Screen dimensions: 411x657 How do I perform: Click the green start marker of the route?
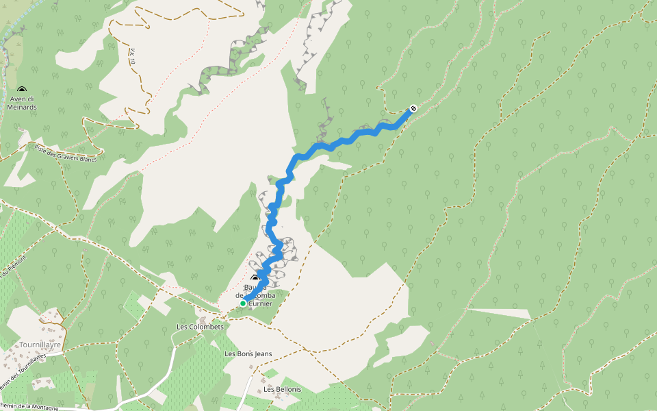pyautogui.click(x=243, y=303)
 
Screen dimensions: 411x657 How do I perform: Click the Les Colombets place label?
pyautogui.click(x=200, y=327)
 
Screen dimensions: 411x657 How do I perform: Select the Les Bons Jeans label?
pyautogui.click(x=248, y=354)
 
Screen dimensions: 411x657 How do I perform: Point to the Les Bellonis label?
pyautogui.click(x=282, y=389)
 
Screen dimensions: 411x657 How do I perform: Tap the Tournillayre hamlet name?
pyautogui.click(x=41, y=345)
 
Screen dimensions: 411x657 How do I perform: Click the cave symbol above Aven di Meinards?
pyautogui.click(x=21, y=90)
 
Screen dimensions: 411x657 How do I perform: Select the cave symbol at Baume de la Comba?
pyautogui.click(x=255, y=278)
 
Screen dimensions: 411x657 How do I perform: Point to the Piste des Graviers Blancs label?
pyautogui.click(x=66, y=154)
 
